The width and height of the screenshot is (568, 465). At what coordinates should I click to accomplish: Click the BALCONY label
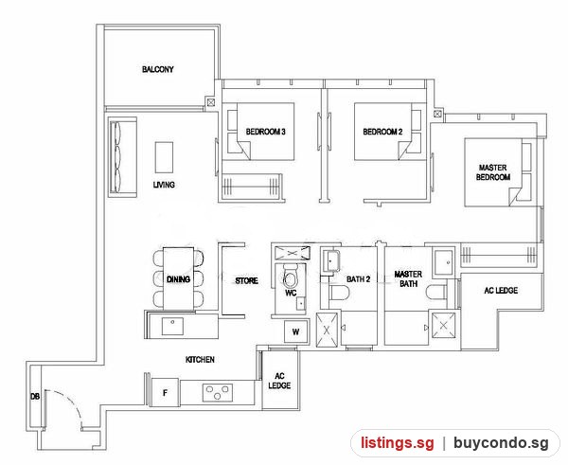[157, 69]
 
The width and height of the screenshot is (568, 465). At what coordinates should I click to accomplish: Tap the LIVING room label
[164, 185]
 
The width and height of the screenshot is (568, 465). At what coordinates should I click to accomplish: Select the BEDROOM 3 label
[265, 132]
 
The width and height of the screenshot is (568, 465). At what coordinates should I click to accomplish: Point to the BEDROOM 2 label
[382, 132]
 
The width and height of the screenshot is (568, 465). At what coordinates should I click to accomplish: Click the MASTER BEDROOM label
[493, 172]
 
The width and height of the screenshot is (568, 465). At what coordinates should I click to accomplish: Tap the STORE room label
[247, 280]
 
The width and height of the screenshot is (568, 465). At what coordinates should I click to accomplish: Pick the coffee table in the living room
[164, 157]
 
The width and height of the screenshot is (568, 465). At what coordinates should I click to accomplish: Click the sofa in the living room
[123, 157]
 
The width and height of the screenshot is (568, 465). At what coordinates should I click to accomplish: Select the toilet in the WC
[291, 277]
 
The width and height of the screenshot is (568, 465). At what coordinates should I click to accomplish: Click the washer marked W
[296, 331]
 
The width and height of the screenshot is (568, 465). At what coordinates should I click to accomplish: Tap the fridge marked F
[165, 392]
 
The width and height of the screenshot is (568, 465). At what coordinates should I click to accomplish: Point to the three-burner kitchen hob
[218, 392]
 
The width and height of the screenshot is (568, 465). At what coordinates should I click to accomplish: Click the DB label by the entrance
[35, 397]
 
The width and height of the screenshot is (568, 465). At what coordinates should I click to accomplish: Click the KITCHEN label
[200, 360]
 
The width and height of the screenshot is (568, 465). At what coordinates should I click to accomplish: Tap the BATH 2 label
[358, 279]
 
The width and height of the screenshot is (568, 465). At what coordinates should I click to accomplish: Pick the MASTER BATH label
[408, 278]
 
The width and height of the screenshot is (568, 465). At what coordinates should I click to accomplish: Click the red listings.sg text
[398, 443]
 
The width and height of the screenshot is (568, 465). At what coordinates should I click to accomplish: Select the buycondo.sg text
[502, 443]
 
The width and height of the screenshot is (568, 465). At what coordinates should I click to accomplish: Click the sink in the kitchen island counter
[172, 326]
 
